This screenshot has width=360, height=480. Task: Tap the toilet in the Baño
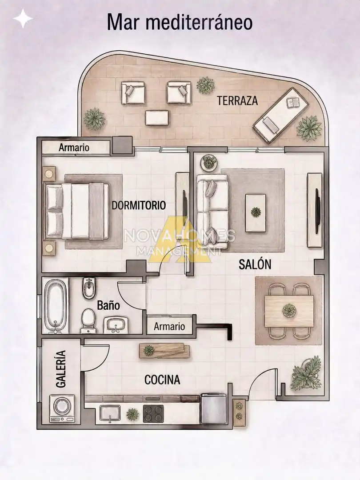point(88,320)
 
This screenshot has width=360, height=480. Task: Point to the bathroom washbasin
point(115,325)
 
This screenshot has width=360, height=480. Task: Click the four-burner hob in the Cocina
point(153,414)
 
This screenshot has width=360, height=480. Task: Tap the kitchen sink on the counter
point(110,414)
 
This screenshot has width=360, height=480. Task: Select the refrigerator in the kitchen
point(214,408)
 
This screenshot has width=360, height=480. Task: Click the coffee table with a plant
point(255,213)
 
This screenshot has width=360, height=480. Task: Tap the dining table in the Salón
point(289,311)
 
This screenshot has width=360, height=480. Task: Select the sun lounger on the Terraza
point(281,115)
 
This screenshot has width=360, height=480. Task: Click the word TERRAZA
point(237,101)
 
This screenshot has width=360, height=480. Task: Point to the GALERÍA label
point(61,369)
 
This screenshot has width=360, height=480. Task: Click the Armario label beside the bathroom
point(169,326)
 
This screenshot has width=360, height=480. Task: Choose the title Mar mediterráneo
point(180,22)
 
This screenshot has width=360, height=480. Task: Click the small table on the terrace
point(157,118)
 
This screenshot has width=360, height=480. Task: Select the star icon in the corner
point(23,18)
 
